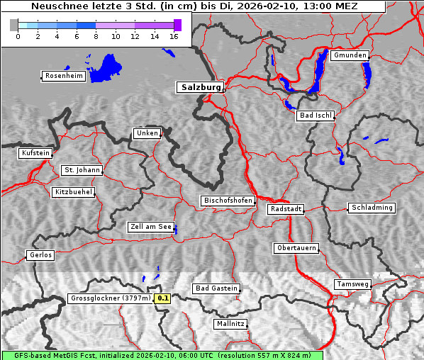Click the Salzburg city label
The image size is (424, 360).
click(x=200, y=87)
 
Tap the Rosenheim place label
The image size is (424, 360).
click(x=64, y=76)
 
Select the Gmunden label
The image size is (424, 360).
click(x=350, y=55)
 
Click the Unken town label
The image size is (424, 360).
click(x=146, y=133)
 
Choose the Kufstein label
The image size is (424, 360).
click(x=35, y=153)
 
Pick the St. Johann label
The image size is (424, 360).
click(x=82, y=170)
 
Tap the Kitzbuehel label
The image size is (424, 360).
click(x=73, y=192)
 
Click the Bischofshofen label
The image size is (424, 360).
click(x=228, y=201)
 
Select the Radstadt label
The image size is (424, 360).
click(x=286, y=209)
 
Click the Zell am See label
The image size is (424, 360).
click(x=151, y=227)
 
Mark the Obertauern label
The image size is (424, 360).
click(x=296, y=249)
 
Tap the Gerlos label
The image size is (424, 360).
click(x=40, y=255)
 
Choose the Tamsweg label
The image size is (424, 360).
click(x=352, y=284)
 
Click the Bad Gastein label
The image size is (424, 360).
click(x=216, y=288)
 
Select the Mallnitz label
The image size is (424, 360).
click(x=230, y=324)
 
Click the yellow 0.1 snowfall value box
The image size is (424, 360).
click(x=163, y=299)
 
